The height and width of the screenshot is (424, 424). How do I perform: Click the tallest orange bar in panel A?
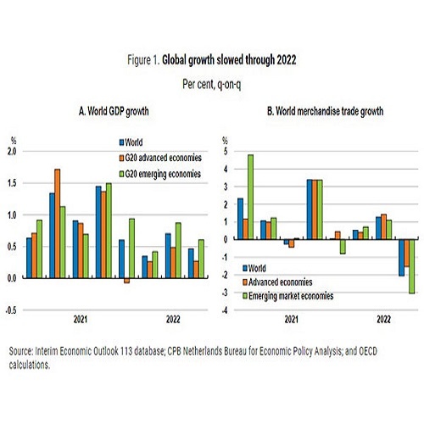[x=58, y=224]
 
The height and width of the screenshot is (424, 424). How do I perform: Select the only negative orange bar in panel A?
[x=126, y=281]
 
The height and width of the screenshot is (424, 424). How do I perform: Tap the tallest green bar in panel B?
[x=250, y=197]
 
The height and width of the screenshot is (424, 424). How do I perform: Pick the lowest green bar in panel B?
[x=412, y=266]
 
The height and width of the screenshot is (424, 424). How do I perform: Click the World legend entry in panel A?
[x=131, y=142]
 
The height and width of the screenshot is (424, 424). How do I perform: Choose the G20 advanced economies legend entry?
[x=160, y=158]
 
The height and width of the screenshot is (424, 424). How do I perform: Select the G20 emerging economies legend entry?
[x=160, y=174]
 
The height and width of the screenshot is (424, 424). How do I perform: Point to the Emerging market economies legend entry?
[x=288, y=296]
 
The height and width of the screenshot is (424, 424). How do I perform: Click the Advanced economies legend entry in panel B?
[x=277, y=282]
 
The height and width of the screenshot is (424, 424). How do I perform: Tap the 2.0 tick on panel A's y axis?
[x=12, y=152]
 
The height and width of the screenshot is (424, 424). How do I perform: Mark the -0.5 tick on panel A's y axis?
[x=11, y=310]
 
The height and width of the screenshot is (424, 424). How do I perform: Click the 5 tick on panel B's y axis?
[x=226, y=152]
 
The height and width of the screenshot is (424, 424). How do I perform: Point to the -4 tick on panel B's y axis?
[x=225, y=310]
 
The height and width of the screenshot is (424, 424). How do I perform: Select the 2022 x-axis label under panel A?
[x=173, y=320]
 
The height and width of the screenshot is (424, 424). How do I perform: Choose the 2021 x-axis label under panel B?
[x=292, y=320]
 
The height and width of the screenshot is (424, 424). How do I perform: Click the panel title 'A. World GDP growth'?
[x=114, y=111]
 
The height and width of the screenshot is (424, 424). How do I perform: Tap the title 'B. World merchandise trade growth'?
[x=326, y=111]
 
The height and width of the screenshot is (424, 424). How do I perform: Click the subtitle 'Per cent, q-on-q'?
[x=212, y=84]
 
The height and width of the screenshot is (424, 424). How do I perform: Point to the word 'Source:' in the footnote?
[x=21, y=351]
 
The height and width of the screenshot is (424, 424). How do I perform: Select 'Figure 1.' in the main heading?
[x=143, y=60]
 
